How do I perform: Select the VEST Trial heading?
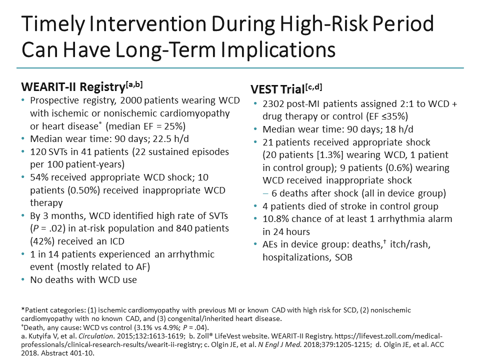[278, 90]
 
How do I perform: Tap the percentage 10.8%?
[277, 218]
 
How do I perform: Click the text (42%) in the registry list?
[42, 241]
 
